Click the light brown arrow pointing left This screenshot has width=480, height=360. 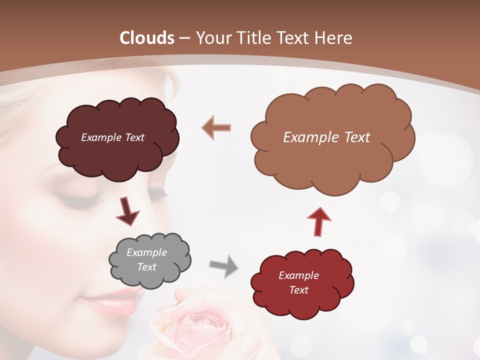(x=216, y=128)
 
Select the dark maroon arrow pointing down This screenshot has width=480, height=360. (x=127, y=211)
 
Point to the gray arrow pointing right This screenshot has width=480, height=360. (x=223, y=265)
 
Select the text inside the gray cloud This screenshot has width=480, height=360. (x=147, y=259)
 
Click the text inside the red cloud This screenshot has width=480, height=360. (x=298, y=282)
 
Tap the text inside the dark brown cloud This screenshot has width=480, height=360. (x=112, y=137)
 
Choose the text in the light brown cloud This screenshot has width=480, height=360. (x=326, y=137)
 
